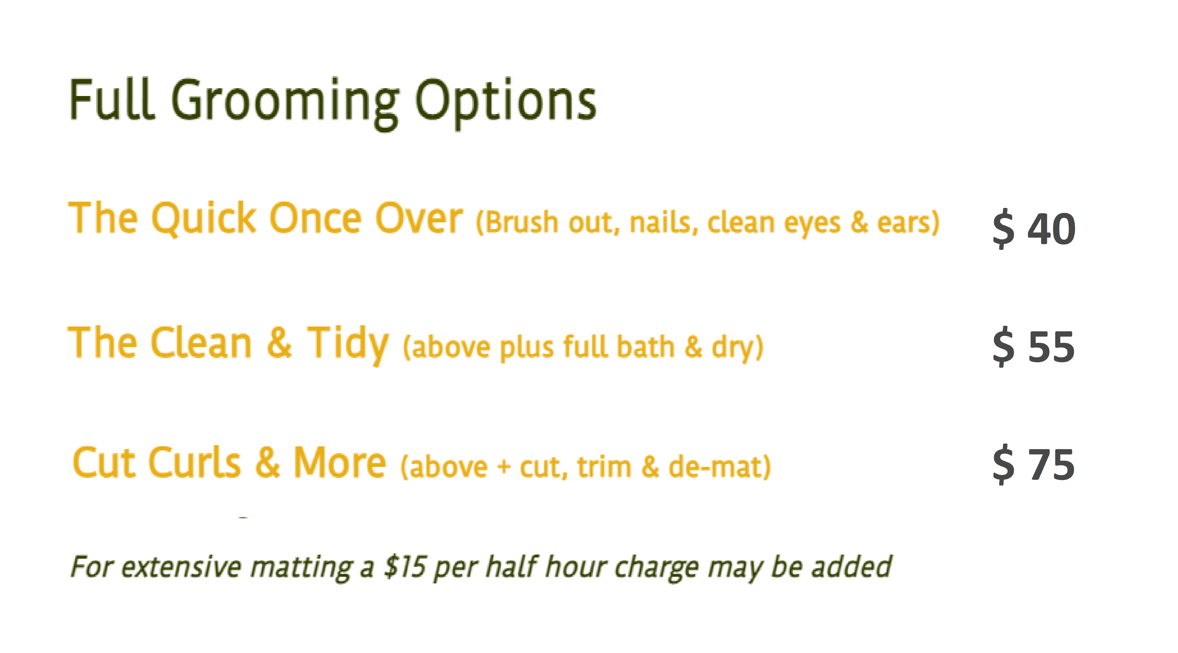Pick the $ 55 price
[1033, 346]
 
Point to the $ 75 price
[1033, 465]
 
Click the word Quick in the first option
[203, 219]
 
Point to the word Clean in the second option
[201, 343]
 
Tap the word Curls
[194, 463]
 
